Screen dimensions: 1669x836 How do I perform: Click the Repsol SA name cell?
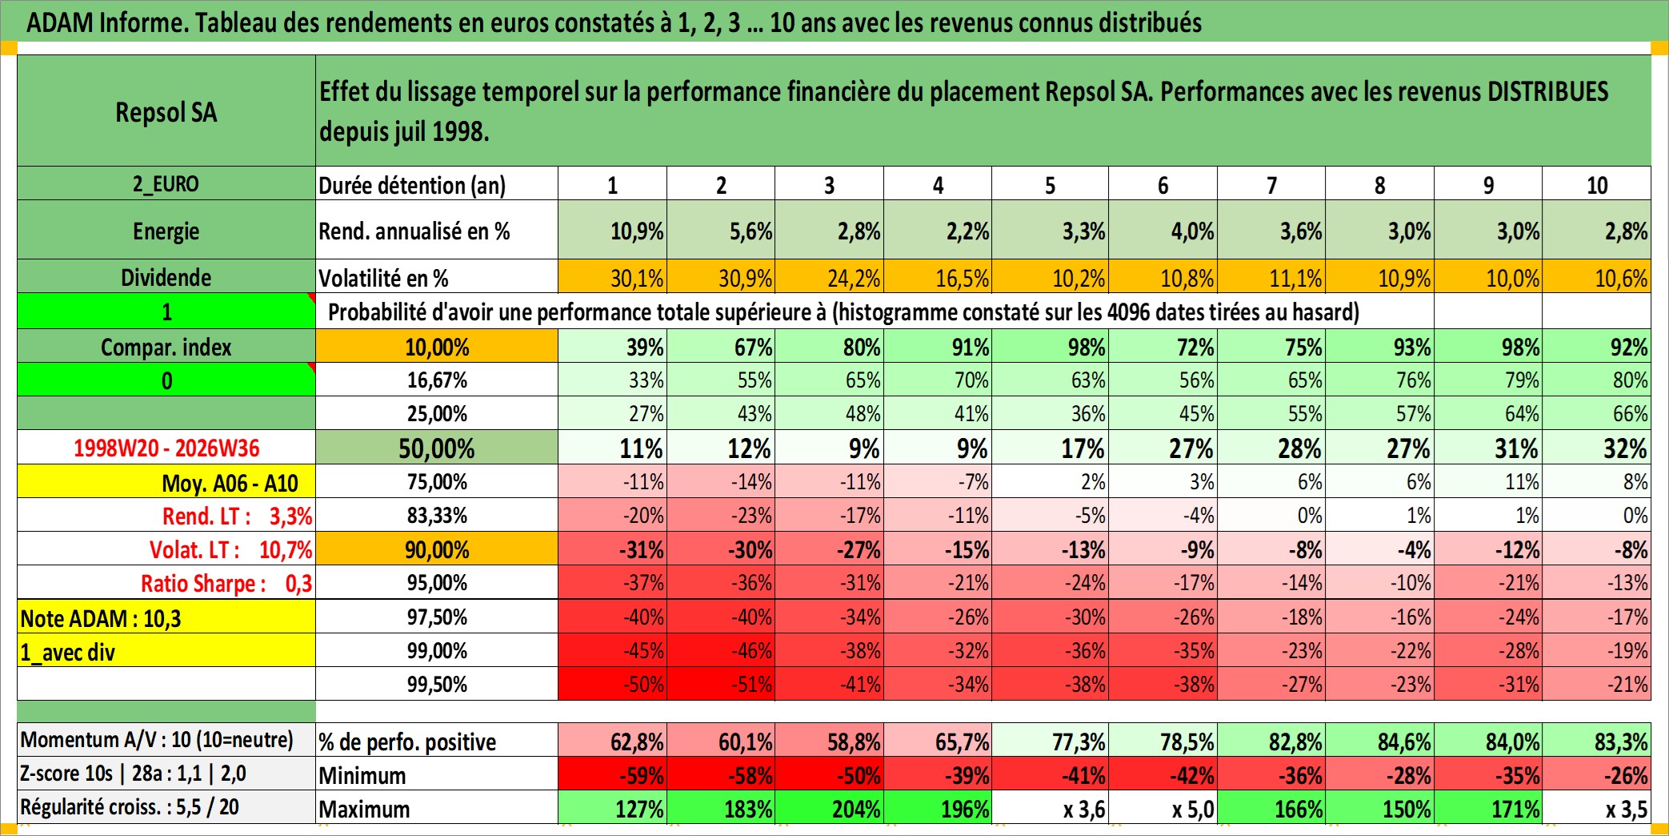pyautogui.click(x=166, y=111)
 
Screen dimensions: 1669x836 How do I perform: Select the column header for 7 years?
pyautogui.click(x=1271, y=184)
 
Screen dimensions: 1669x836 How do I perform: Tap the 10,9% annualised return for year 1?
pyautogui.click(x=613, y=231)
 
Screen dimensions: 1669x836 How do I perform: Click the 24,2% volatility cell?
pyautogui.click(x=830, y=277)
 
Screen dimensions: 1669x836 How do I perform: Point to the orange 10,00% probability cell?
pyautogui.click(x=437, y=347)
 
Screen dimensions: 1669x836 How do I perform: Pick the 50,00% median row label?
pyautogui.click(x=437, y=448)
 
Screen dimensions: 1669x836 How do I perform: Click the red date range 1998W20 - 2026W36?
pyautogui.click(x=166, y=448)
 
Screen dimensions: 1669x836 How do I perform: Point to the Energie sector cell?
pyautogui.click(x=166, y=231)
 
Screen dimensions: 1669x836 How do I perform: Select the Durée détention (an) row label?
pyautogui.click(x=412, y=185)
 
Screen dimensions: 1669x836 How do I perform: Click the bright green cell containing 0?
pyautogui.click(x=166, y=380)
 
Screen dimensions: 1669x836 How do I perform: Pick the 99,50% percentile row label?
pyautogui.click(x=437, y=684)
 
